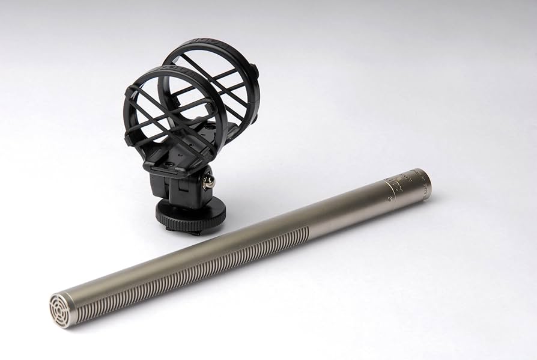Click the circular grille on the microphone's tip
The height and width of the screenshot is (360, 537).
click(61, 310)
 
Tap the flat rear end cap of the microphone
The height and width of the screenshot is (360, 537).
click(427, 183)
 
